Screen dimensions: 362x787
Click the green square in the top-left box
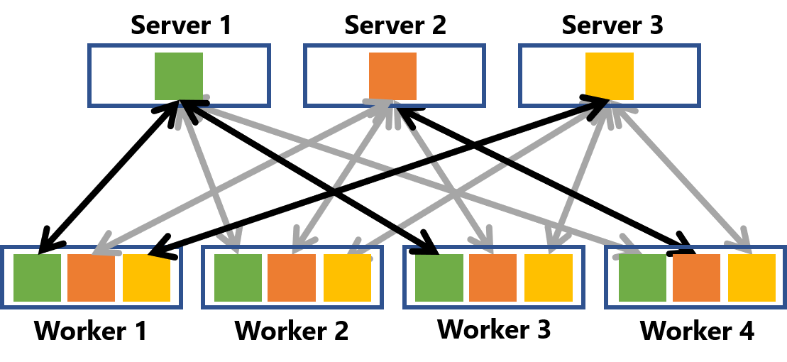tap(179, 76)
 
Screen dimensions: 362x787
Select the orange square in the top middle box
tap(392, 76)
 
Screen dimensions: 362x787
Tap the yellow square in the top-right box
tap(609, 76)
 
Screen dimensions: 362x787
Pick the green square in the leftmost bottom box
tap(37, 278)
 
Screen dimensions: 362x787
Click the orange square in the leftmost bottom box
tap(91, 278)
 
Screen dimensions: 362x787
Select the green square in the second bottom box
tap(238, 278)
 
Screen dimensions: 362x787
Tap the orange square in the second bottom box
tap(292, 278)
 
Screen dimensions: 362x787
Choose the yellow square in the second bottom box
tap(347, 278)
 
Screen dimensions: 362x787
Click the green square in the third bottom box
tap(439, 278)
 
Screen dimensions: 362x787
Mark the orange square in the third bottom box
tap(492, 278)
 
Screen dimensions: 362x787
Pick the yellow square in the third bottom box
tap(548, 278)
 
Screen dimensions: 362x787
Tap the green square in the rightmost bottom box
tap(642, 278)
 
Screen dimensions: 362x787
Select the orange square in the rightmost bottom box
tap(696, 278)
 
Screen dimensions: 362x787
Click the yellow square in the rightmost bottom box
tap(752, 278)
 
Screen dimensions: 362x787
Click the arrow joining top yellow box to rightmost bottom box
tap(681, 177)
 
